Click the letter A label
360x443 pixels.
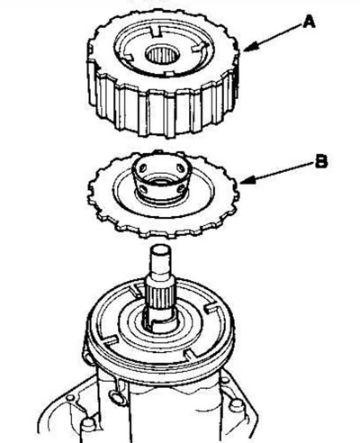(x=309, y=23)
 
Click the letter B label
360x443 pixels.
(x=320, y=161)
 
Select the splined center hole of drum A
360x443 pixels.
(x=162, y=54)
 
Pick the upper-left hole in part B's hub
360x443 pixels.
(x=142, y=167)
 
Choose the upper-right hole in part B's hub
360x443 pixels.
(x=181, y=167)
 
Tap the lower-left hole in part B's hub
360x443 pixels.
(x=143, y=189)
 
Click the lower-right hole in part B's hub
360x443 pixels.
(x=181, y=188)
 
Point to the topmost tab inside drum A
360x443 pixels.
(x=156, y=32)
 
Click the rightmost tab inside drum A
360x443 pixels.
(x=200, y=47)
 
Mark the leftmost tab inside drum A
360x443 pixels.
(x=127, y=57)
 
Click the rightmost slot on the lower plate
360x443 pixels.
(x=211, y=309)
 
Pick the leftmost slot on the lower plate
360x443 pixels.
(x=110, y=340)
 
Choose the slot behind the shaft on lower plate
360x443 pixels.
(x=137, y=292)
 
